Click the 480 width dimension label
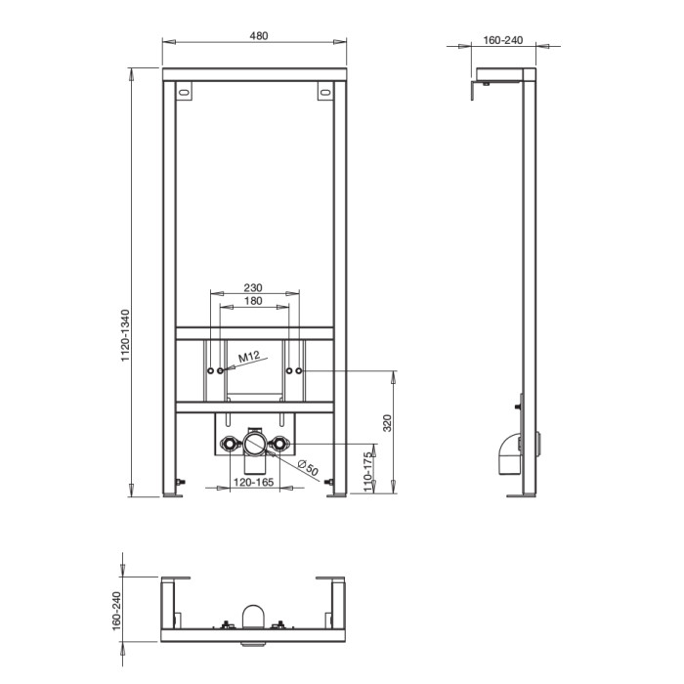[259, 36]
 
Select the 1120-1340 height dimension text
[126, 335]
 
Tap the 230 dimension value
[253, 287]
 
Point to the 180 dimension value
[253, 301]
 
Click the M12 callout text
[249, 357]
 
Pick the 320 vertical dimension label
[387, 423]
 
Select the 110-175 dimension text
[369, 472]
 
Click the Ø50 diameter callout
[309, 468]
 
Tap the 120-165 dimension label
[253, 482]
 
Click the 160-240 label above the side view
[503, 40]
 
